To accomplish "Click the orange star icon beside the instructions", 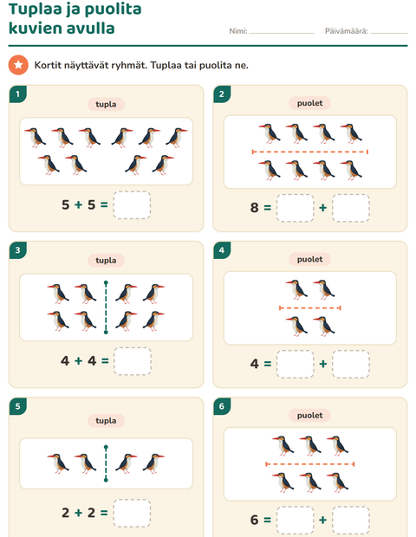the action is (18, 65).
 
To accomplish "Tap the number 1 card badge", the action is (18, 94).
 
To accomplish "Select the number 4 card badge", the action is (222, 250).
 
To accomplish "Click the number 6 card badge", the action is (222, 406).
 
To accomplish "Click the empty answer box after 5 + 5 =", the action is (132, 204).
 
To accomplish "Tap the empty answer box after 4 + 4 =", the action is (133, 361).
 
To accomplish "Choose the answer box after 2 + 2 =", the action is (132, 513).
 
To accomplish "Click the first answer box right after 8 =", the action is (295, 208).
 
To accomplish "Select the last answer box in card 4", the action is (350, 364).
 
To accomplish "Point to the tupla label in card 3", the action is (106, 261).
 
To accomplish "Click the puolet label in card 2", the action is (309, 103).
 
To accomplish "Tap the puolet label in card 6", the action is (309, 416).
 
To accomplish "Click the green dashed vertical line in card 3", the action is (106, 307).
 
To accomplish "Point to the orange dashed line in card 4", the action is (310, 308).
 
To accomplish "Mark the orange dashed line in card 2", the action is (309, 152).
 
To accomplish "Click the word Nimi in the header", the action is (238, 31).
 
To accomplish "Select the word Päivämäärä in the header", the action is (347, 31).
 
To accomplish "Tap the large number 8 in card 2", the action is (254, 208).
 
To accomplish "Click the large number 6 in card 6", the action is (254, 520).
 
